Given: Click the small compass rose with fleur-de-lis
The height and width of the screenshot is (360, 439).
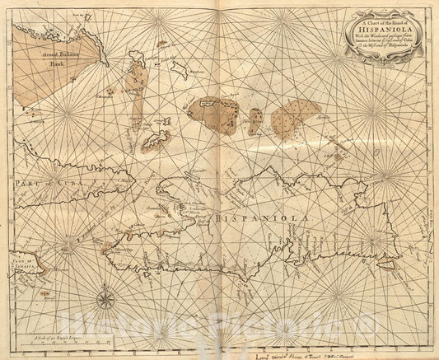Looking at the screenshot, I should [105, 295].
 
